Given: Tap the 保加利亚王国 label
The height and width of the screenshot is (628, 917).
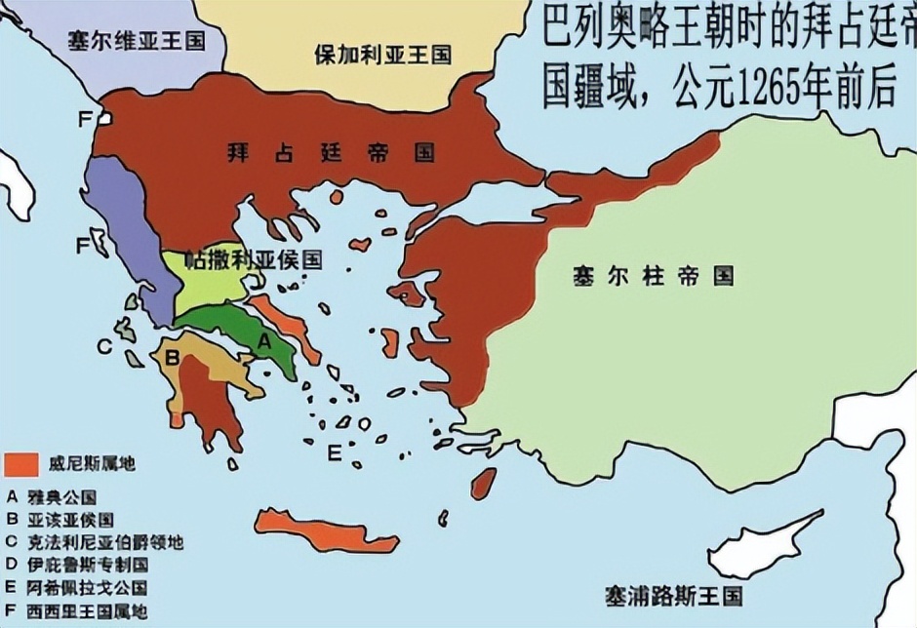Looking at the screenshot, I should (382, 54).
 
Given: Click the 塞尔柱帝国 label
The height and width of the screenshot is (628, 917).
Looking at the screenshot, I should (653, 276).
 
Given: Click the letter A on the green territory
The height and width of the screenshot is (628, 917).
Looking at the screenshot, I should (262, 340).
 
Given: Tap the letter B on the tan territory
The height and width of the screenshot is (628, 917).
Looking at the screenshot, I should (173, 357).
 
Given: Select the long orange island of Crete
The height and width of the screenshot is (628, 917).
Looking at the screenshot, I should (326, 530).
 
